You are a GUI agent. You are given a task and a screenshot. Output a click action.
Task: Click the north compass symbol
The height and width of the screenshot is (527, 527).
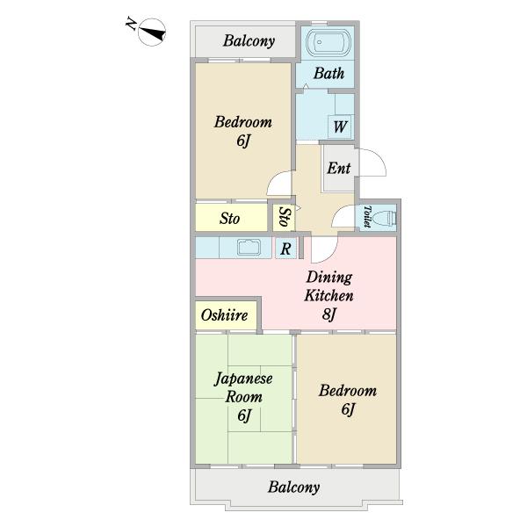[152, 32]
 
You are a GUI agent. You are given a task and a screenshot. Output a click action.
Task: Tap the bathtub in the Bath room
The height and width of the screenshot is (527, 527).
[328, 42]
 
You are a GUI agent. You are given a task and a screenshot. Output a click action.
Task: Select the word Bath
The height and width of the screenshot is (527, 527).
[328, 73]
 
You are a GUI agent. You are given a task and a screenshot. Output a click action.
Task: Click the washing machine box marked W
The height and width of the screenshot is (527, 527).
[339, 126]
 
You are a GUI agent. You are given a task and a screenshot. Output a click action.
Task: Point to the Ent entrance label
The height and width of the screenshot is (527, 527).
[338, 168]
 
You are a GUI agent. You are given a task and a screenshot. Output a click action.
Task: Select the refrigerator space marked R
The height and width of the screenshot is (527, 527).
[286, 249]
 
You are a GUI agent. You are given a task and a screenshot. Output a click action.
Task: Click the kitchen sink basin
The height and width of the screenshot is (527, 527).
[249, 248]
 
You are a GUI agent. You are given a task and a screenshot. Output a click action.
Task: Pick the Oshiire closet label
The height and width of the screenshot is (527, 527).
[224, 315]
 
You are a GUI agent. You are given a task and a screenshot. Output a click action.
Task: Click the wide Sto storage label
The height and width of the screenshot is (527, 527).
[229, 218]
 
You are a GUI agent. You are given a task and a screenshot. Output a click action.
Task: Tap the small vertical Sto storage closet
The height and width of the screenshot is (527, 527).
[284, 218]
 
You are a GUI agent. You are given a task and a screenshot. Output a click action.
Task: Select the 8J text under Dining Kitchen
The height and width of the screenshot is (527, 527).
[328, 314]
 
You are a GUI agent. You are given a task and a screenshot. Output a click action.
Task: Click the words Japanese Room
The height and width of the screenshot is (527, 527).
[243, 387]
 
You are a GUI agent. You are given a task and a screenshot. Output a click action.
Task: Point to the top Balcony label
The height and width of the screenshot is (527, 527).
[249, 40]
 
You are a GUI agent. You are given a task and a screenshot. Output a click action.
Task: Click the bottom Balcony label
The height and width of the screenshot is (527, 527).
[293, 487]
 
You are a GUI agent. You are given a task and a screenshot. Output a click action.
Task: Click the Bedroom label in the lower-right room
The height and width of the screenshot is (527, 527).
[348, 391]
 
